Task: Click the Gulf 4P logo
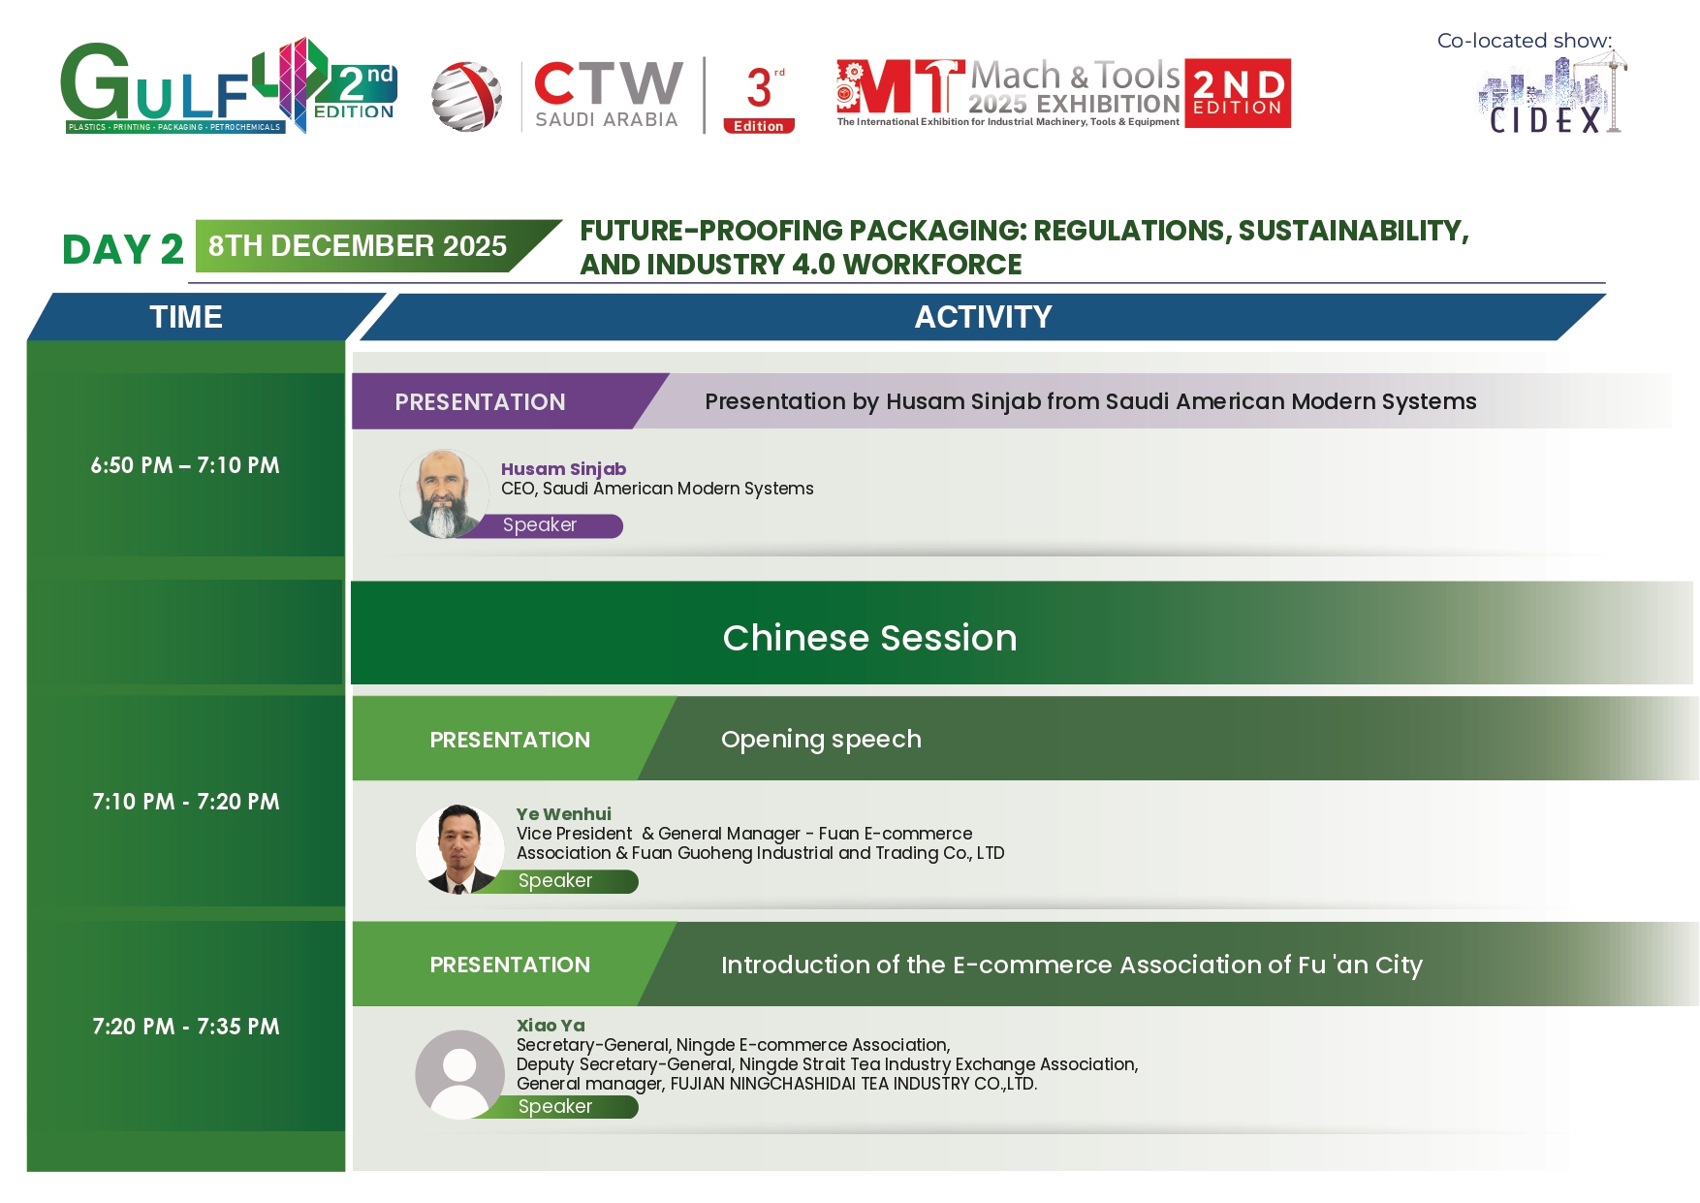229,86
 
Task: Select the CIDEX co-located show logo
1552,94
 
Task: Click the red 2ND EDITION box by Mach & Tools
1238,93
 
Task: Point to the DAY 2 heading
123,249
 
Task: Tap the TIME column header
186,317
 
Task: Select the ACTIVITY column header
983,317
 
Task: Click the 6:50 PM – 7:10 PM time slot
185,465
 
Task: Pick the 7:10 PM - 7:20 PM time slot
186,802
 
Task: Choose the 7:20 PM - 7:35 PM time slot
186,1027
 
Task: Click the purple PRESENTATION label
480,402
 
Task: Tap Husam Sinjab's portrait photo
444,493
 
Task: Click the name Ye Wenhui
563,814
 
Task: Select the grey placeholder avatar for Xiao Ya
459,1074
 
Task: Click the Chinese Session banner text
869,638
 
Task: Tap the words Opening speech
821,740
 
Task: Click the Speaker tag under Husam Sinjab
540,525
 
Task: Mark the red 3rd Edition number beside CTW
759,97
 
